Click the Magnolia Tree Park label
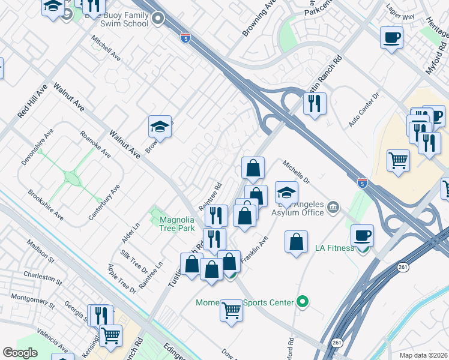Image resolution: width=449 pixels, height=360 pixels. point(177,224)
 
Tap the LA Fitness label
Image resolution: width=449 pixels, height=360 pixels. point(334,248)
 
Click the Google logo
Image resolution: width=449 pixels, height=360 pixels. point(20,353)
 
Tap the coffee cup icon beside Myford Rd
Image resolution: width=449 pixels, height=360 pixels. point(391,38)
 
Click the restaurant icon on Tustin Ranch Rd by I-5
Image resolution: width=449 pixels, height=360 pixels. point(315,103)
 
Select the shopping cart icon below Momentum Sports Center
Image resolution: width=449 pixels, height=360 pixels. point(231,310)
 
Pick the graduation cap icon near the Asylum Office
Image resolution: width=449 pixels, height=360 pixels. point(287,193)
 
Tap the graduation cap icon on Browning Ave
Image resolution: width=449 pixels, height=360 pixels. point(160,127)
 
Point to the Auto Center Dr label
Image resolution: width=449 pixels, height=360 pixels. point(364,109)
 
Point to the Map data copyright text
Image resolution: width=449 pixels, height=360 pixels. point(423,355)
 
